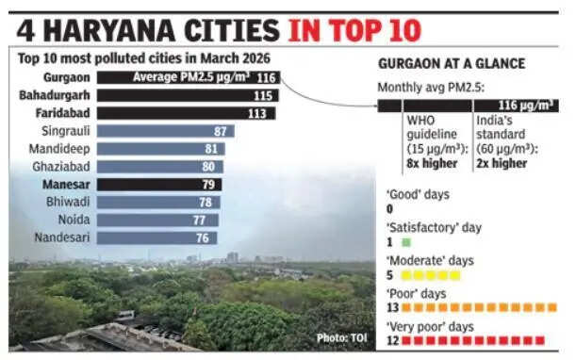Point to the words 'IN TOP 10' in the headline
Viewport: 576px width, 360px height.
tap(354, 29)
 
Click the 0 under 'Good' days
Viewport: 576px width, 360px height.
tap(391, 209)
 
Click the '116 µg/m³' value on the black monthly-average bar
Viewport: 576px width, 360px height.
tap(526, 105)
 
